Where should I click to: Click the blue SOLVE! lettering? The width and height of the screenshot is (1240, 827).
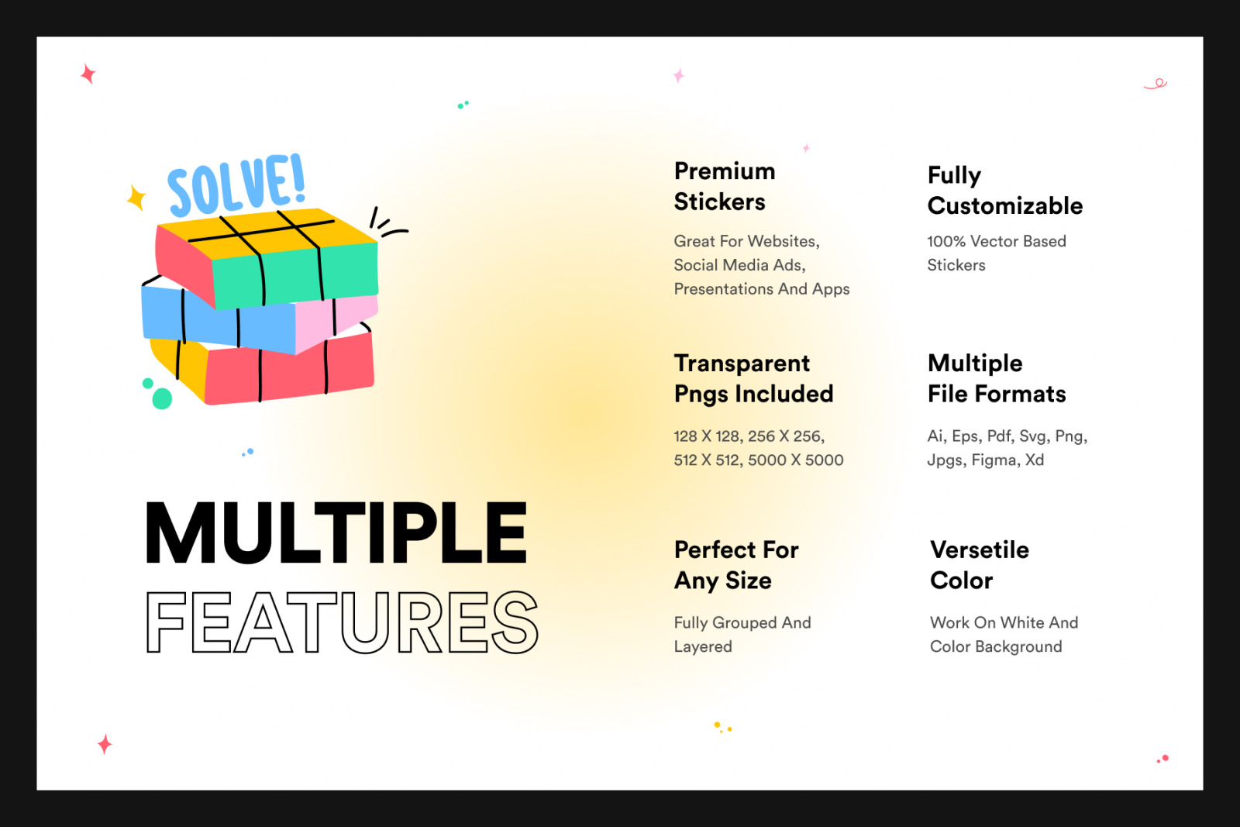(x=237, y=185)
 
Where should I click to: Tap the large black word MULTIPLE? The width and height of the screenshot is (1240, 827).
(x=336, y=533)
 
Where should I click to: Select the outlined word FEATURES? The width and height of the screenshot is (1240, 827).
(x=342, y=622)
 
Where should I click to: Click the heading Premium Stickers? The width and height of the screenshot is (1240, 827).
(x=724, y=187)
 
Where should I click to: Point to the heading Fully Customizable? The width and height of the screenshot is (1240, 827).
(x=1004, y=191)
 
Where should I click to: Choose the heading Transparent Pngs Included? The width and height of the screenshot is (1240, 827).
(x=753, y=379)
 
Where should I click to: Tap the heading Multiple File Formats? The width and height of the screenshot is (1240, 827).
(x=997, y=379)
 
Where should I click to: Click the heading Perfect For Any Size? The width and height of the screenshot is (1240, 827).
(x=736, y=565)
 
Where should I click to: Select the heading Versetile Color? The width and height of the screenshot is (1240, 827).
(x=980, y=565)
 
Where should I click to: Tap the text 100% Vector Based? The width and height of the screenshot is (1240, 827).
(x=997, y=241)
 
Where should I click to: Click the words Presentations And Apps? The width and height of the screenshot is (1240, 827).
(x=761, y=290)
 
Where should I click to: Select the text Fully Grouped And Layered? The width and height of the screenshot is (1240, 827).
(x=742, y=634)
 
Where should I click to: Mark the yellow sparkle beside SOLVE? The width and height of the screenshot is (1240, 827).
(x=136, y=198)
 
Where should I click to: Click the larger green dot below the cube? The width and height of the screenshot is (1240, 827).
(x=162, y=398)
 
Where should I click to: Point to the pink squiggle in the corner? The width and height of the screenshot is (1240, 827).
(x=1156, y=84)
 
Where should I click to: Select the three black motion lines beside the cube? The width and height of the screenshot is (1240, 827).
(x=387, y=223)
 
